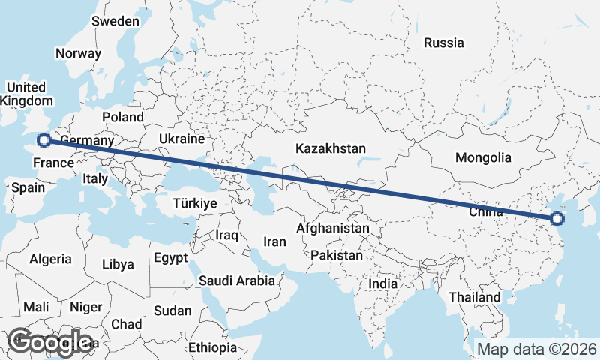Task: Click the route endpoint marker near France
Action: pos(44,139)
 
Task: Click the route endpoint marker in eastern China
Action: pos(556,219)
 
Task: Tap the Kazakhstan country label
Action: pos(330,148)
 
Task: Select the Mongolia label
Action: pos(483,157)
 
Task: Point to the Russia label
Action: pos(443,43)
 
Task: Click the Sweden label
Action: pos(115,21)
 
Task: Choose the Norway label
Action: pos(78,53)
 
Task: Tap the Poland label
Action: pos(123,117)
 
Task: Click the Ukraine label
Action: pos(181,139)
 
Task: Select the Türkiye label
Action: pos(194,203)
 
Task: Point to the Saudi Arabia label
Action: pos(237,280)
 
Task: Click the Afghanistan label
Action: pos(333,228)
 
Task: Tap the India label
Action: pos(383,284)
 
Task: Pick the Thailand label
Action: pos(475,297)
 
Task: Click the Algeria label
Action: pos(50,259)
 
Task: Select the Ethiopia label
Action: pos(212,347)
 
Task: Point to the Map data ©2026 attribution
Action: pos(536,349)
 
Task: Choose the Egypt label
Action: pos(170,257)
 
